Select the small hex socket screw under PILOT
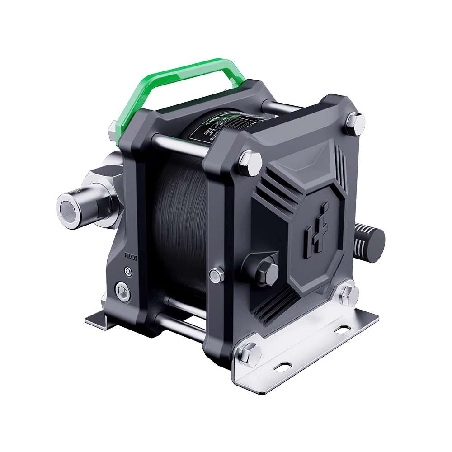(129, 271)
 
